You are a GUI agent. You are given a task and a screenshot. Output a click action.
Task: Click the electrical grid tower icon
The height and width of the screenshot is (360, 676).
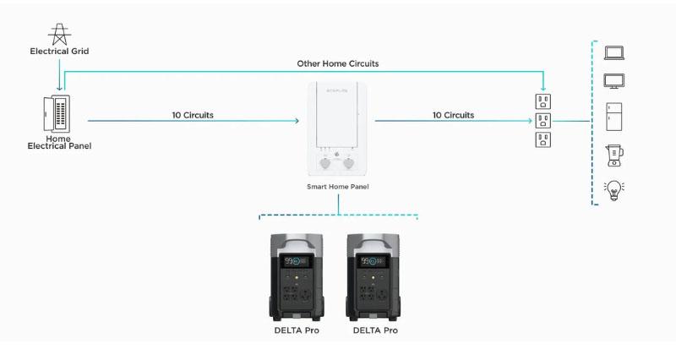[x=59, y=34]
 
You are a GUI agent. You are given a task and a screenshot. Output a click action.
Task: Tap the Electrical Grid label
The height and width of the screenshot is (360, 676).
[x=59, y=51]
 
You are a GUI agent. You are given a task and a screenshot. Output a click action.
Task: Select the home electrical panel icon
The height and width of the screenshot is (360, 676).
[x=57, y=114]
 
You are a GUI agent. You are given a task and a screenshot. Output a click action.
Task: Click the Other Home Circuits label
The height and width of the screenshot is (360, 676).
[x=338, y=63]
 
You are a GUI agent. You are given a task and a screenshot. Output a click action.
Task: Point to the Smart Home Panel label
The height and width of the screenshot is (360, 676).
[x=337, y=187]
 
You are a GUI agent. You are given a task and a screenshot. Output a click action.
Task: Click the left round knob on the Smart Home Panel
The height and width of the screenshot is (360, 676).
[x=324, y=163]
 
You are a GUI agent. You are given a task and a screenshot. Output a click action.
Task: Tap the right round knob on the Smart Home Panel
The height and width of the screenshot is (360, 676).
[x=348, y=163]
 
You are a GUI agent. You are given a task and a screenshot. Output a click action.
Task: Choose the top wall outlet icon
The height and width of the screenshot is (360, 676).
[x=543, y=101]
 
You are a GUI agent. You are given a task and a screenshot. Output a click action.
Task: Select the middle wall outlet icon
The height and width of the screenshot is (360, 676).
[x=543, y=121]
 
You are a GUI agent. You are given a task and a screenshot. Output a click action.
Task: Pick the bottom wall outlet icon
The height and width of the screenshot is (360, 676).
[x=543, y=139]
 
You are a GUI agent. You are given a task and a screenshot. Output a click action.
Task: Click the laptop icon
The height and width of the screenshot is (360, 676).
[x=614, y=52]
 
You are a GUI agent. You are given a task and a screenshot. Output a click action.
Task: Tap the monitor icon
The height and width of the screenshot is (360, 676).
[x=614, y=81]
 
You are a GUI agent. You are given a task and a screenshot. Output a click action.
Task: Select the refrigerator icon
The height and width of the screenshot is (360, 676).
[x=614, y=117]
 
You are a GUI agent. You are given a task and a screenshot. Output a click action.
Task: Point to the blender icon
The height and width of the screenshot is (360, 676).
[x=614, y=155]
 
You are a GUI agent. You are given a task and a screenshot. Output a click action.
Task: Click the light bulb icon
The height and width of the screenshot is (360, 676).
[x=614, y=190]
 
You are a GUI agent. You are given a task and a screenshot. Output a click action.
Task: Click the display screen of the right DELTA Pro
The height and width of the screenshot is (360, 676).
[x=373, y=261]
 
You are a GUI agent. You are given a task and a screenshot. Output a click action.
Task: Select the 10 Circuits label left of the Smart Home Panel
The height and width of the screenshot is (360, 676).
[x=193, y=115]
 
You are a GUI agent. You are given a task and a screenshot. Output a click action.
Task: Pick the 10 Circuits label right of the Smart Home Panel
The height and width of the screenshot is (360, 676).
[x=453, y=115]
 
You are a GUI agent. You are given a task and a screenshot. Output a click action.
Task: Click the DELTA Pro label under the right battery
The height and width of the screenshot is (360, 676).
[x=375, y=330]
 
